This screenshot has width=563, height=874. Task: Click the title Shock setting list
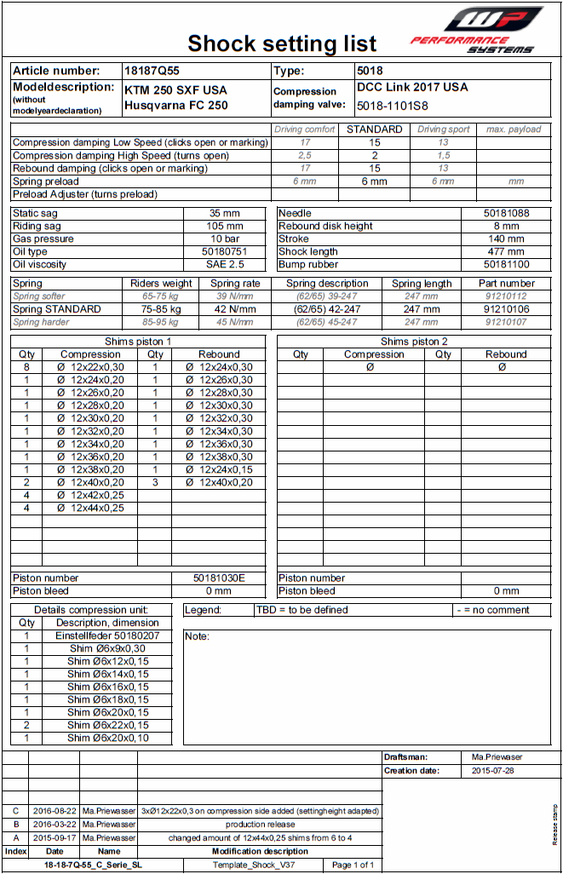pyautogui.click(x=282, y=43)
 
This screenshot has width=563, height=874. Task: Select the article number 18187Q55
pyautogui.click(x=152, y=71)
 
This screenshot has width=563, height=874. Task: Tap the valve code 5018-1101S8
pyautogui.click(x=393, y=106)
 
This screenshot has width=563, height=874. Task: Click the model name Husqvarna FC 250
pyautogui.click(x=176, y=106)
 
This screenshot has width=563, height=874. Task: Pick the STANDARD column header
pyautogui.click(x=375, y=129)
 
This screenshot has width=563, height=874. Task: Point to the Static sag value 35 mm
pyautogui.click(x=225, y=213)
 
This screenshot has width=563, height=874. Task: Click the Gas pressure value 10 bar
pyautogui.click(x=225, y=239)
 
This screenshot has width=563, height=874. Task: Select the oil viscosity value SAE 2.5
pyautogui.click(x=225, y=264)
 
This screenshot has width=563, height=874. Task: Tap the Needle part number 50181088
pyautogui.click(x=506, y=213)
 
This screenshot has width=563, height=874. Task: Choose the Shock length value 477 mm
pyautogui.click(x=506, y=251)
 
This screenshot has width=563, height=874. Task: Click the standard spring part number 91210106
pyautogui.click(x=506, y=309)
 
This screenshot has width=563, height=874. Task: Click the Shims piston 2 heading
pyautogui.click(x=414, y=341)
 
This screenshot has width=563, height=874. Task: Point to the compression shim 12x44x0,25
pyautogui.click(x=90, y=508)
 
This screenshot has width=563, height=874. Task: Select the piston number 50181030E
pyautogui.click(x=219, y=578)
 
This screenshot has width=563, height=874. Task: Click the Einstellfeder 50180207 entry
pyautogui.click(x=107, y=635)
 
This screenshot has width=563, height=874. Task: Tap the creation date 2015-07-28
pyautogui.click(x=493, y=771)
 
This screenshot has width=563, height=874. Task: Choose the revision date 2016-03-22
pyautogui.click(x=55, y=824)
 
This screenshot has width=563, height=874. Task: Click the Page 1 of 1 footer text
pyautogui.click(x=353, y=865)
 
